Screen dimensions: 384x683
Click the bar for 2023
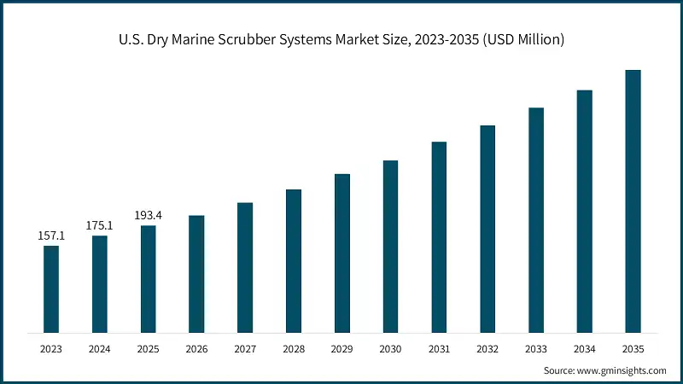point(51,288)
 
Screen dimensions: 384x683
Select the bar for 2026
point(196,273)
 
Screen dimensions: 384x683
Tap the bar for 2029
point(341,253)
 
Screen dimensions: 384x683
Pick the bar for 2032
point(487,229)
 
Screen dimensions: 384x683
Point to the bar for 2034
point(584,211)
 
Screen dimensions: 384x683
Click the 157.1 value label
point(51,236)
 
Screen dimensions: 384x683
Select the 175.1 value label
point(100,225)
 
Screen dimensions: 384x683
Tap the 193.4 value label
point(149,215)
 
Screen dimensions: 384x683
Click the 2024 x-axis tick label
point(100,349)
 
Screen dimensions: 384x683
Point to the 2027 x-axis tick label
point(245,349)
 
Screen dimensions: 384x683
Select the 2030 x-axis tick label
point(390,349)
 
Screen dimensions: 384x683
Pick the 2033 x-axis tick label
point(535,349)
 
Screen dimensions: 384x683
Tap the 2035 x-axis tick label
point(633,349)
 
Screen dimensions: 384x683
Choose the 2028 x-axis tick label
point(294,349)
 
